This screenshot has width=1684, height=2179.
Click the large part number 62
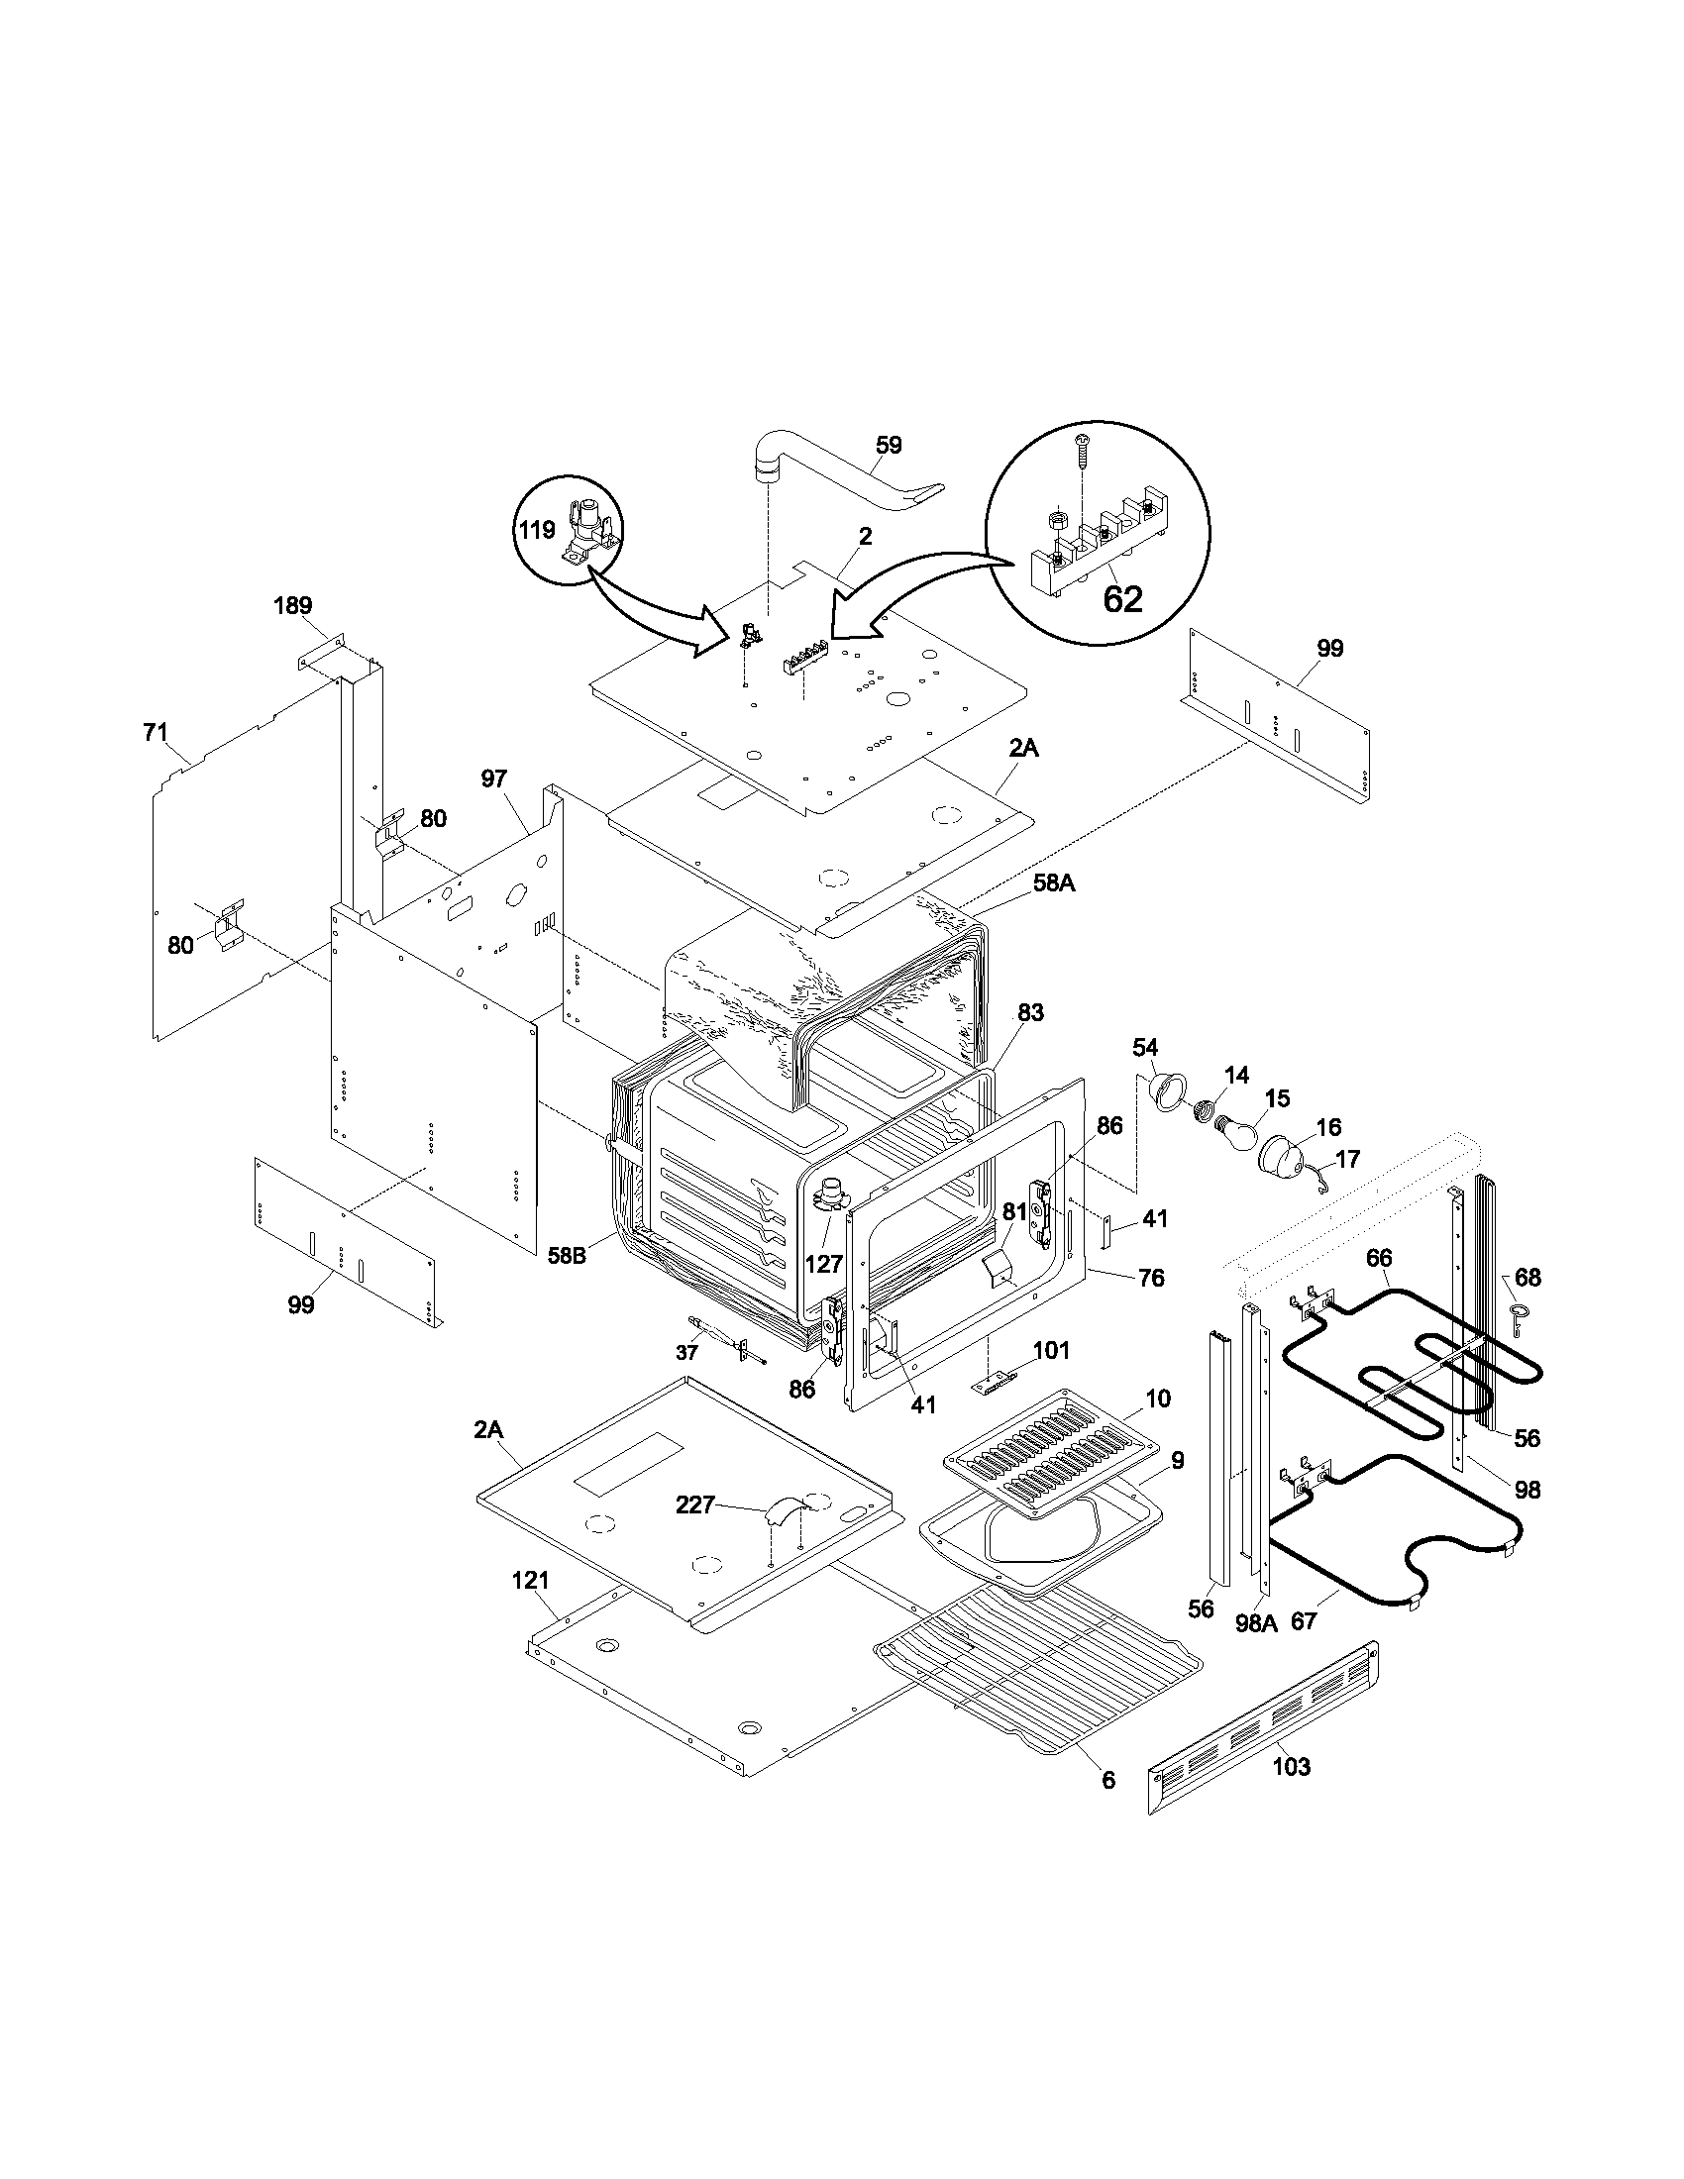tap(1122, 598)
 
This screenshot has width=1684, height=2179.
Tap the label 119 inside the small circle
tap(536, 530)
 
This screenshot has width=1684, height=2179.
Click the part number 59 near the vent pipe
tap(888, 445)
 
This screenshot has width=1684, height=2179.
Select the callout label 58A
tap(1054, 882)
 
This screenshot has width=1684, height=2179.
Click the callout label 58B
tap(567, 1254)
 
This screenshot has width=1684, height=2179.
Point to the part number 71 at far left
tap(156, 732)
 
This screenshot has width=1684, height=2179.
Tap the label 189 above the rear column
tap(293, 604)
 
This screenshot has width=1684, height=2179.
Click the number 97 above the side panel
tap(494, 778)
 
